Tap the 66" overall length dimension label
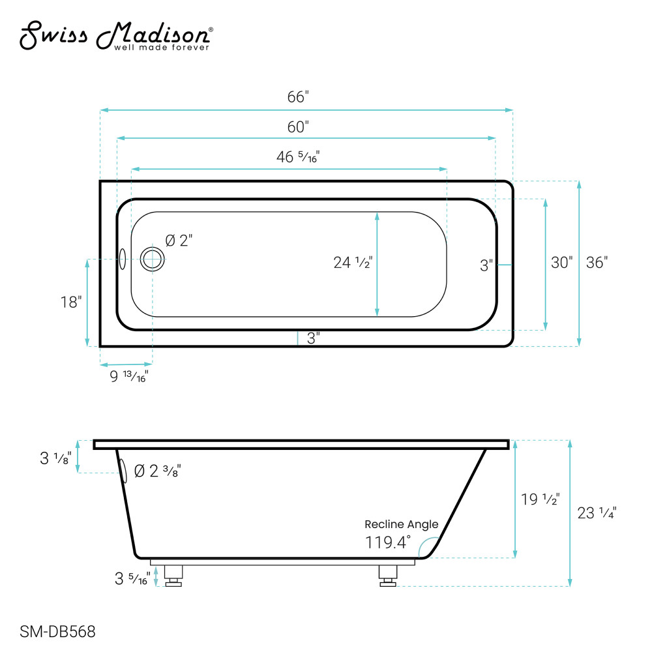(x=297, y=97)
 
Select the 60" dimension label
(x=297, y=127)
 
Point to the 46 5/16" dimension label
(x=297, y=157)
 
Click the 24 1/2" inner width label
(x=352, y=263)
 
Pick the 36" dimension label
(x=596, y=263)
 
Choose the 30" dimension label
(x=561, y=263)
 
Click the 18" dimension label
(x=70, y=303)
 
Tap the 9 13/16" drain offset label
(x=128, y=376)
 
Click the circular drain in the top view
(x=153, y=259)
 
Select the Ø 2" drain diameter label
(x=179, y=241)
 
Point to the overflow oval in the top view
(x=122, y=259)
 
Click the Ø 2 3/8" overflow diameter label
(x=156, y=471)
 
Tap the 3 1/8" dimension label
(x=55, y=458)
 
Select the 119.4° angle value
(x=389, y=542)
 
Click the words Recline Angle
(x=401, y=524)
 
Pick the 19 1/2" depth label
(x=540, y=500)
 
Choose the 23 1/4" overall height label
(x=597, y=513)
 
